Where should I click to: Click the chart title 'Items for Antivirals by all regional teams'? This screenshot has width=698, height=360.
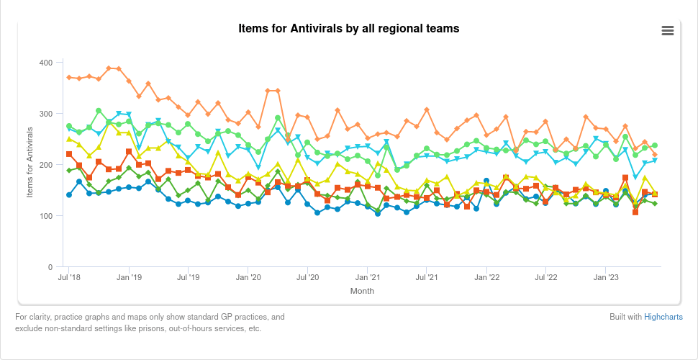click(348, 29)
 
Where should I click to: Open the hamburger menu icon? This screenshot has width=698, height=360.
click(667, 30)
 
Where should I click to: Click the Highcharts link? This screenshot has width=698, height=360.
click(663, 317)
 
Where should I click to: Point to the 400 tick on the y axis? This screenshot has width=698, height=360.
click(45, 63)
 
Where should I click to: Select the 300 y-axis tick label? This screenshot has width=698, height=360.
click(45, 114)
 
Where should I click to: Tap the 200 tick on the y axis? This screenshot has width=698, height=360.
click(45, 165)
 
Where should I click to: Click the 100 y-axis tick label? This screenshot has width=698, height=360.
click(45, 216)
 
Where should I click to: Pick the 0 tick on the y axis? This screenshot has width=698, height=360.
click(49, 267)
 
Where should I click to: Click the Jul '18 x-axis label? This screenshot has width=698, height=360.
click(69, 276)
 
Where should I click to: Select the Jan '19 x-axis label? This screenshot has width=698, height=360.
click(129, 276)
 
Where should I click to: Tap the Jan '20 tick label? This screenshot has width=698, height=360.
click(248, 276)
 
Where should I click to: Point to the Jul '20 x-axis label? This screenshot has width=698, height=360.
click(308, 276)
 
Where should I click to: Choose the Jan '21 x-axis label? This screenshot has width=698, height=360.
click(368, 276)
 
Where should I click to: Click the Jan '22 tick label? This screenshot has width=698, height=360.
click(487, 276)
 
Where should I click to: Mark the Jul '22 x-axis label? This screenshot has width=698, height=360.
click(547, 276)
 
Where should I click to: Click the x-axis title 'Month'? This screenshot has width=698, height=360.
click(362, 292)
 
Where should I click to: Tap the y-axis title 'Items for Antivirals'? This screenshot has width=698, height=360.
click(30, 165)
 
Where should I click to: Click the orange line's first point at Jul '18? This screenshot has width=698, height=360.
click(69, 77)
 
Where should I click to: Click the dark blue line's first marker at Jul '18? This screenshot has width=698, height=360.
click(69, 195)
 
